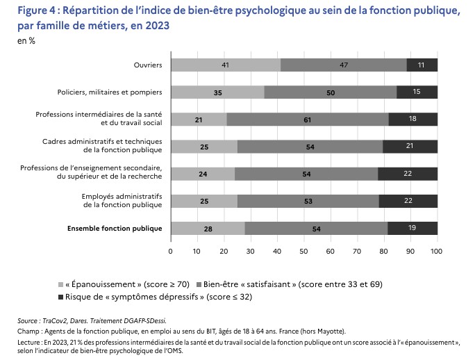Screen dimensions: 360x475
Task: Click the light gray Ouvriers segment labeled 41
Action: click(226, 65)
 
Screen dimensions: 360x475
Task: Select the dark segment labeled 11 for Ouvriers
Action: click(422, 65)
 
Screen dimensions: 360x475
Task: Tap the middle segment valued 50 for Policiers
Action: click(331, 92)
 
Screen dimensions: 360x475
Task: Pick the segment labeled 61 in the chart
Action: click(308, 120)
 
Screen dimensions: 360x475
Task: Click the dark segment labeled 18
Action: click(413, 120)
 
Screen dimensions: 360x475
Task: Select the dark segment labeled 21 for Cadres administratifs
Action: click(410, 147)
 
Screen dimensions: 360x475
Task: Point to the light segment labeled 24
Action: click(203, 174)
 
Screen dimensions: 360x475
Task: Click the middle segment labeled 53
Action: click(308, 201)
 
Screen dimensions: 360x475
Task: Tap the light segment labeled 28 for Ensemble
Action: click(208, 228)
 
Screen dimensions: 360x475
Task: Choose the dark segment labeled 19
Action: click(412, 228)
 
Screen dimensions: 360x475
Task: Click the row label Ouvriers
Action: click(148, 65)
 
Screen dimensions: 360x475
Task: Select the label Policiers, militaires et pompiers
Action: click(110, 92)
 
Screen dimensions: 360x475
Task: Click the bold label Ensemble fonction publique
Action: click(115, 228)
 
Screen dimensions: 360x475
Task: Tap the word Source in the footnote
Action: click(28, 321)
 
